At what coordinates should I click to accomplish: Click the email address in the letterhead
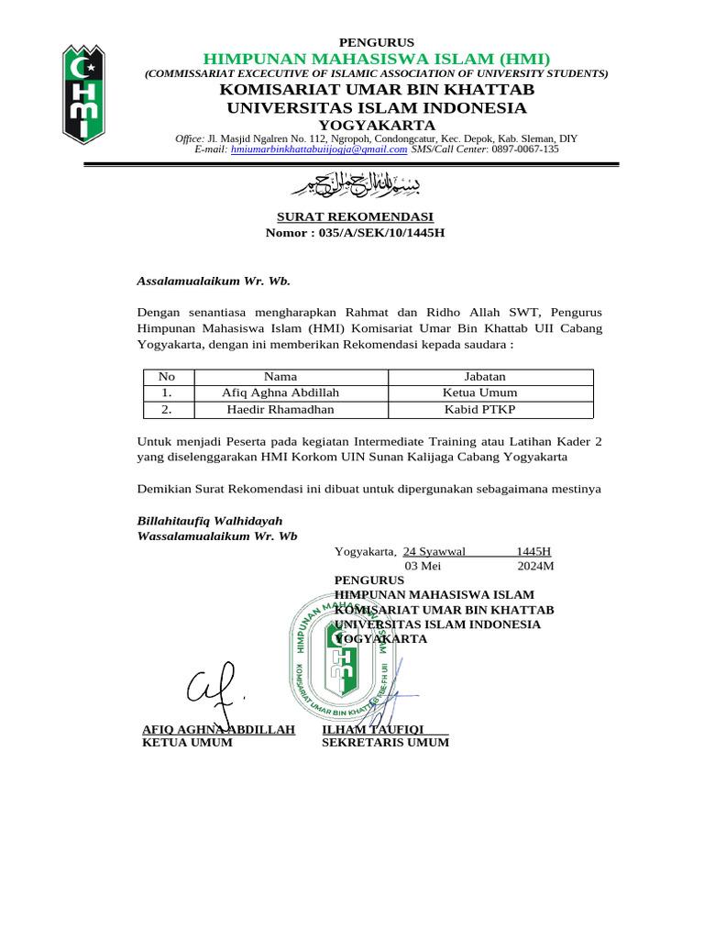(x=319, y=149)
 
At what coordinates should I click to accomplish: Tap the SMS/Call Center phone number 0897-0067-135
(x=525, y=149)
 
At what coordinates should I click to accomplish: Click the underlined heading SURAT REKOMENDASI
(x=355, y=216)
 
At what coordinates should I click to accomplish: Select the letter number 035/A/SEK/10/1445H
(x=381, y=233)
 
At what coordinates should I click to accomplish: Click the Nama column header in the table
(x=280, y=376)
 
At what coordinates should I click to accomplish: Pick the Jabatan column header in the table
(x=485, y=376)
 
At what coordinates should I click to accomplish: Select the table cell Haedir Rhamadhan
(x=280, y=409)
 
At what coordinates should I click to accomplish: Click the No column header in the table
(x=166, y=376)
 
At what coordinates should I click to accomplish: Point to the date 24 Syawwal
(x=434, y=551)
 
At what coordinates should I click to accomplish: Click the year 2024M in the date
(x=535, y=566)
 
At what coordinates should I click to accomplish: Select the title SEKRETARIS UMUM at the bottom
(x=385, y=743)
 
